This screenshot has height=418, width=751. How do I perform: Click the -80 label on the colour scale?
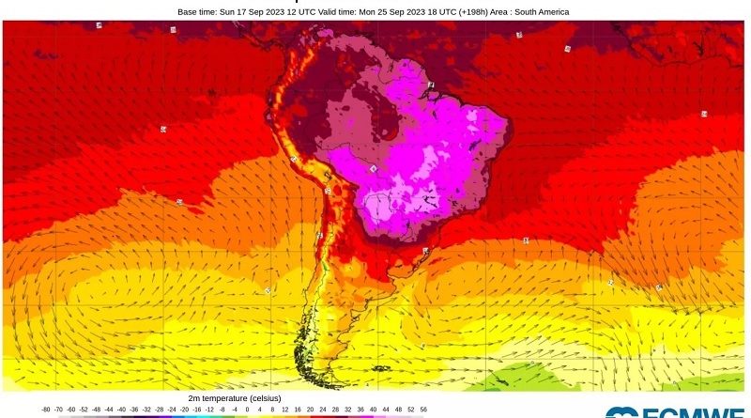tap(46, 410)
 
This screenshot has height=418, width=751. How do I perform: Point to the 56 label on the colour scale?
tap(423, 410)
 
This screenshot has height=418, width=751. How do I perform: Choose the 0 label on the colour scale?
tap(247, 410)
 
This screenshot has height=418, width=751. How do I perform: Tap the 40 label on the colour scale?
tap(373, 410)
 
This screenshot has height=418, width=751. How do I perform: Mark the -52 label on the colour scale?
tap(84, 410)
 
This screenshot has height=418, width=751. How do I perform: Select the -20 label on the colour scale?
tap(184, 410)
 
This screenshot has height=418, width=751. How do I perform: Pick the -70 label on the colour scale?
tap(58, 410)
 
